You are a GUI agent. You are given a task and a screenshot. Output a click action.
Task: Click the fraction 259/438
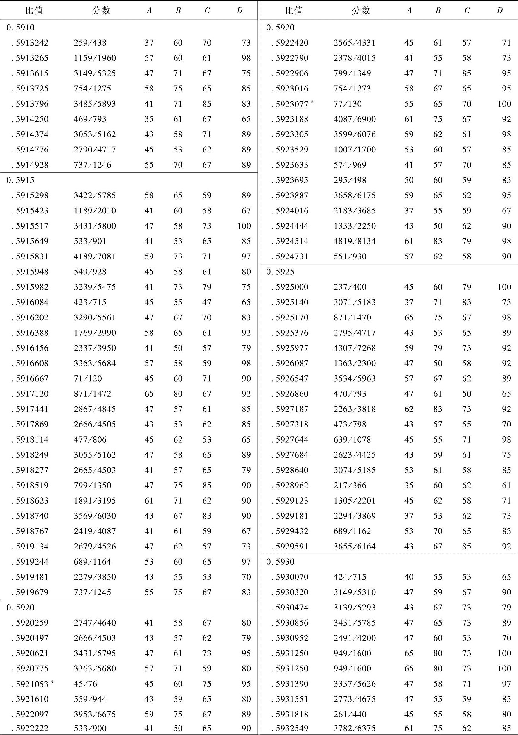[90, 43]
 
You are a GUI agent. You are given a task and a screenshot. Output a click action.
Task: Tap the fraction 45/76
[85, 684]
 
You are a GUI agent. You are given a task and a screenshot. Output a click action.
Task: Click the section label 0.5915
[21, 180]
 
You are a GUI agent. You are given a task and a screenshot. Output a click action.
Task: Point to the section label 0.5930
[280, 562]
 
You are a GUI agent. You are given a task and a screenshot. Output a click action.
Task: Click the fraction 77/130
[347, 104]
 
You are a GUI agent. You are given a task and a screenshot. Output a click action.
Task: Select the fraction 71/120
[88, 379]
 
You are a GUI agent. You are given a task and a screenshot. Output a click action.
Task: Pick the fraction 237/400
[350, 287]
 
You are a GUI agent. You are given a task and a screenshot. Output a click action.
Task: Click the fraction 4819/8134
[355, 241]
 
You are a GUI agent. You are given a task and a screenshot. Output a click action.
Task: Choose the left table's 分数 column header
[101, 10]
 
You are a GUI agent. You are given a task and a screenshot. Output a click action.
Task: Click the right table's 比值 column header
[294, 10]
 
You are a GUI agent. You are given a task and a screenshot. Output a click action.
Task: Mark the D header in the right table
[499, 10]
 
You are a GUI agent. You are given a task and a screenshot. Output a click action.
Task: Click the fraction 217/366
[350, 486]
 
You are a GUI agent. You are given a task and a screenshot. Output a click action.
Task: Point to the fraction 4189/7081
[94, 257]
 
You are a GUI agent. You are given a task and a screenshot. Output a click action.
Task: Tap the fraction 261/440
[350, 714]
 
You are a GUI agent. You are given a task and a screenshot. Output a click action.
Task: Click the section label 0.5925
[280, 272]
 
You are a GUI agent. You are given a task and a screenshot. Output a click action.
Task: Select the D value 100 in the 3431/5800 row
[244, 226]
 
